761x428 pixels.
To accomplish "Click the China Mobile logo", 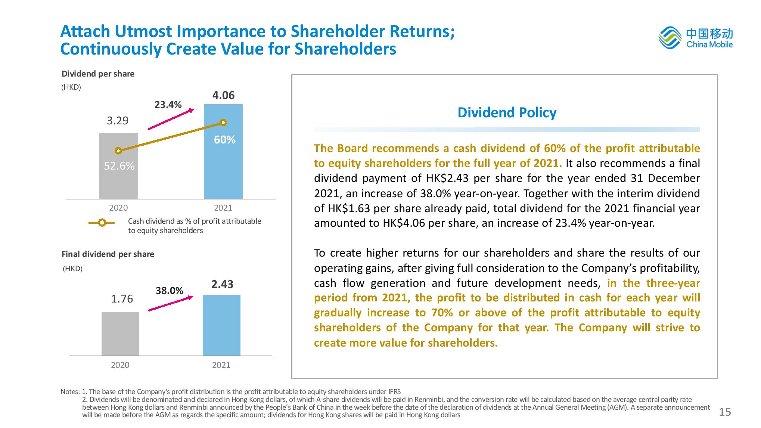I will tap(695, 38).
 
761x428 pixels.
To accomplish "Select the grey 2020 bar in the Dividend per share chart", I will tap(118, 179).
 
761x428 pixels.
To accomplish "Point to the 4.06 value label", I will tap(223, 95).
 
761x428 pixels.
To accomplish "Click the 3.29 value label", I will tap(118, 121).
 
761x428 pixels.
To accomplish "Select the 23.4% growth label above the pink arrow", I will tap(168, 105).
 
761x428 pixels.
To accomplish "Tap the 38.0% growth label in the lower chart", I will tap(169, 291).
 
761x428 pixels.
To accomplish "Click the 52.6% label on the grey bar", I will tap(119, 166).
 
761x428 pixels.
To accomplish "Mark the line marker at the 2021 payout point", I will tap(223, 122).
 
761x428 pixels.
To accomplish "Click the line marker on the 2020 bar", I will tap(118, 151).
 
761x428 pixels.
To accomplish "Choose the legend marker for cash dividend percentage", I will tap(102, 223).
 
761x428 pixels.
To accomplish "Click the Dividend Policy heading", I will tap(507, 112).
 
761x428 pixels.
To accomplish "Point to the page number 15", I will tap(725, 412).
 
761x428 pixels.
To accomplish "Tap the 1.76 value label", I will tap(122, 299).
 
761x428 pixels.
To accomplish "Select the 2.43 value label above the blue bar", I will tap(222, 284).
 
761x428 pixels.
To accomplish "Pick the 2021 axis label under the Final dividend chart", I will tap(221, 365).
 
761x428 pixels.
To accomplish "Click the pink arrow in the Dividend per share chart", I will tap(171, 119).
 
